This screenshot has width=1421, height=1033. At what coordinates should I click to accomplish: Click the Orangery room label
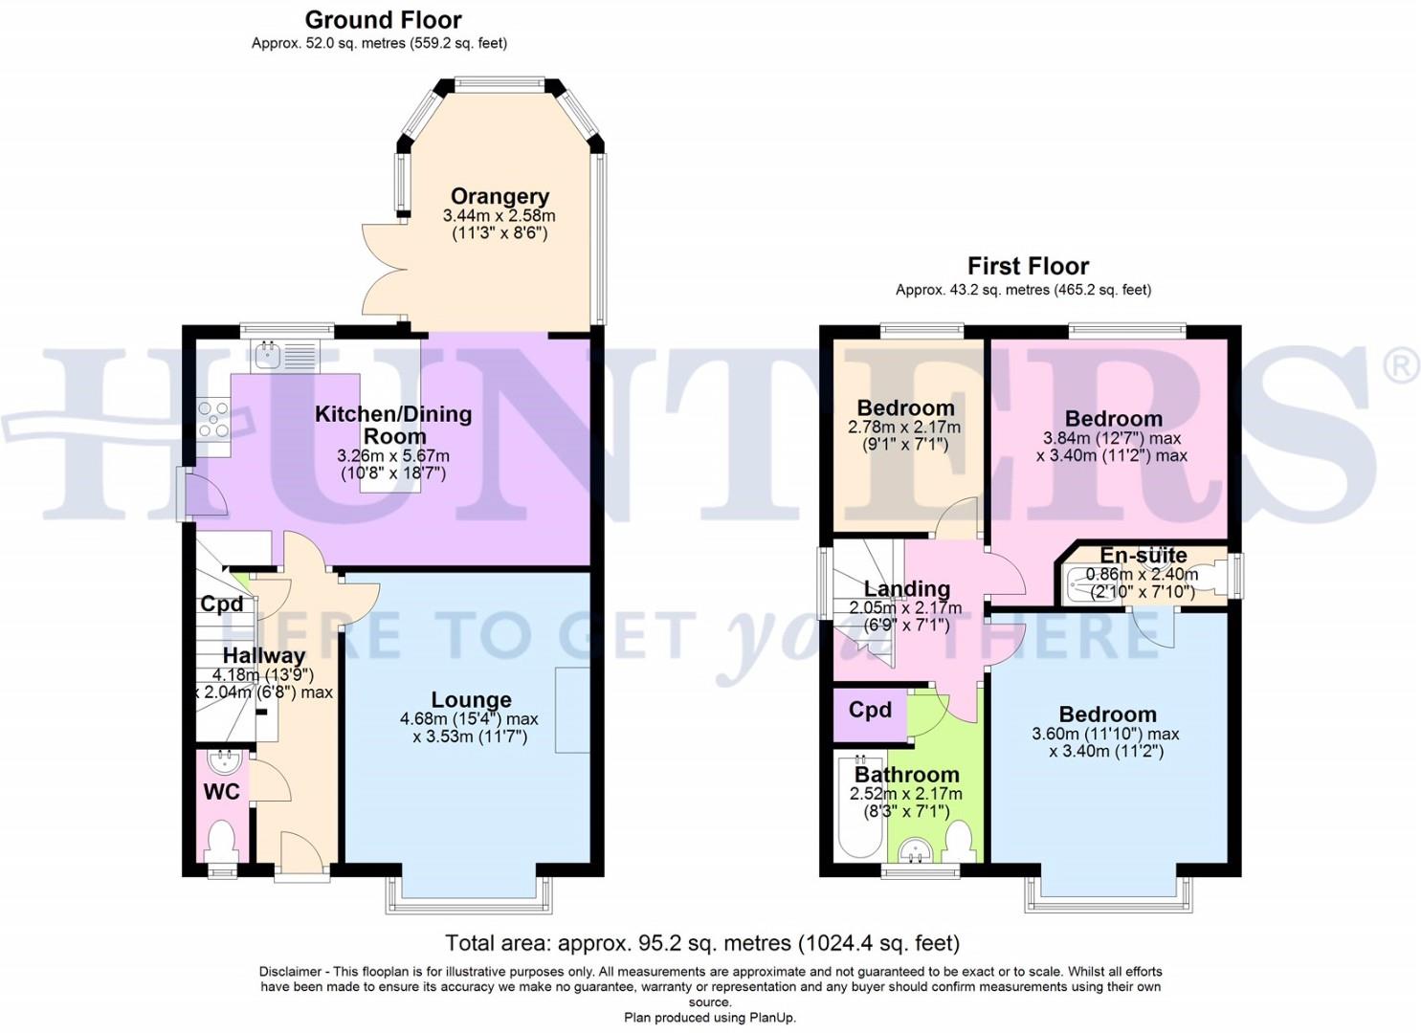tap(500, 197)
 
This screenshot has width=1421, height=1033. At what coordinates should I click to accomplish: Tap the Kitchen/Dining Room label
tap(393, 425)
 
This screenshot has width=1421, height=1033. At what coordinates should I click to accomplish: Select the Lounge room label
tap(471, 699)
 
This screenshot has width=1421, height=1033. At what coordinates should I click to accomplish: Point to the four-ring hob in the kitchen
tap(213, 420)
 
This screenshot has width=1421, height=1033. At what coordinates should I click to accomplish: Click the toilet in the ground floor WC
tap(221, 840)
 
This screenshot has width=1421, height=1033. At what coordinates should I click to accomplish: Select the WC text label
tap(221, 792)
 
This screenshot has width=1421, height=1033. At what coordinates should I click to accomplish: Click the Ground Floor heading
tap(383, 20)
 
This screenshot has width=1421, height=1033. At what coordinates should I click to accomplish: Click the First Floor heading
tap(1028, 266)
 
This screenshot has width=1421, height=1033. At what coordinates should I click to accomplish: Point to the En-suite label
tap(1143, 556)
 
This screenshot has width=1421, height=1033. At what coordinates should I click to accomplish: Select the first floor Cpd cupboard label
tap(870, 710)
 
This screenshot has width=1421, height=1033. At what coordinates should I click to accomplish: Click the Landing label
tap(906, 589)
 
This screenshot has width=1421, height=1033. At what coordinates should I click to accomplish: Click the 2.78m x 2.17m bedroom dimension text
tap(904, 428)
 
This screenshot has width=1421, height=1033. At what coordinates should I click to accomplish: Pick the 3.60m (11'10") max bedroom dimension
tap(1105, 735)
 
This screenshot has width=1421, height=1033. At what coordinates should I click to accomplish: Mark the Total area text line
tap(702, 944)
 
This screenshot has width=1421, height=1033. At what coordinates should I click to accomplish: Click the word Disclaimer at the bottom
tap(289, 972)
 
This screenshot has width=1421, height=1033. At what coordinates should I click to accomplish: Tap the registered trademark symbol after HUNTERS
tap(1401, 366)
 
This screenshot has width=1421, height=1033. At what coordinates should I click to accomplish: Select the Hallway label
tap(263, 656)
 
